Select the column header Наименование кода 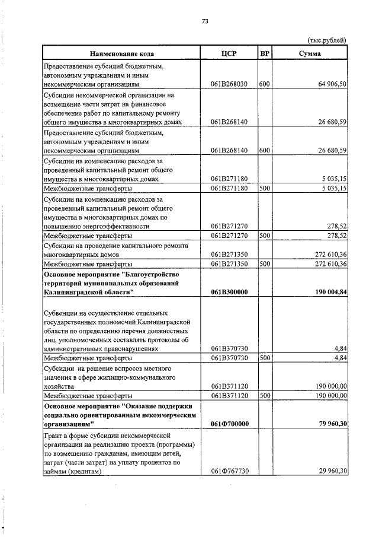tap(123, 53)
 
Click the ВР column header tap(265, 53)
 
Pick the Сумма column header tap(310, 53)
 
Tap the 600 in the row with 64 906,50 tap(265, 85)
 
